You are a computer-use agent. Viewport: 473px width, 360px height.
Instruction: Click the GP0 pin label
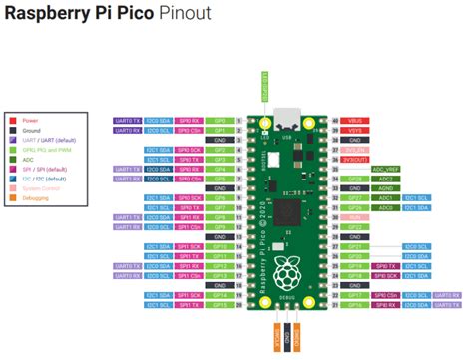222,119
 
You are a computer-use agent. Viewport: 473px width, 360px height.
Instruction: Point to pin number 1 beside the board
241,119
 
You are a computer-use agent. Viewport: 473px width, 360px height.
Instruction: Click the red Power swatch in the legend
13,118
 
